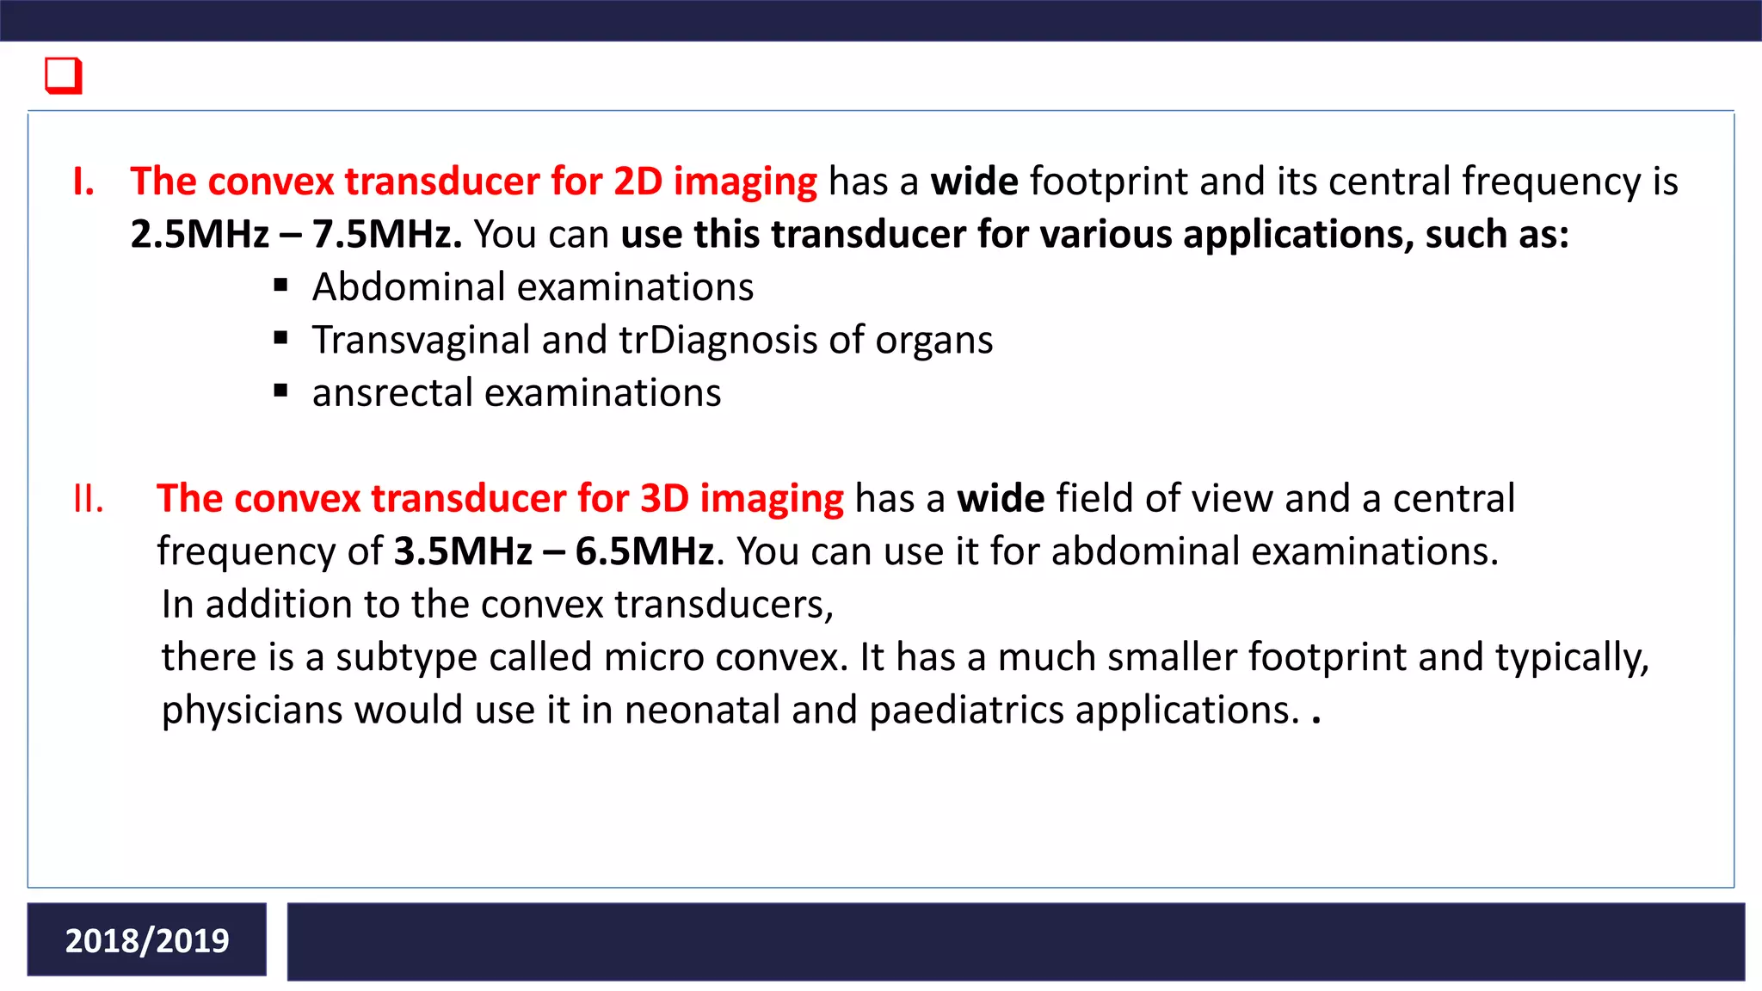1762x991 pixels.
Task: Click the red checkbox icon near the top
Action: tap(64, 76)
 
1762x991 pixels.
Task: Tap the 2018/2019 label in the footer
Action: tap(147, 940)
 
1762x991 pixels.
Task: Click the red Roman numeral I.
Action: tap(83, 182)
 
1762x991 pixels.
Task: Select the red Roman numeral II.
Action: tap(89, 499)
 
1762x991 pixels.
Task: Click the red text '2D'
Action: tap(638, 182)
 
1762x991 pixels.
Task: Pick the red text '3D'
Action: tap(664, 499)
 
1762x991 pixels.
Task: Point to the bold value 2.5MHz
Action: tap(200, 234)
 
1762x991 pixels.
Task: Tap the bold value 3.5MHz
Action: tap(463, 551)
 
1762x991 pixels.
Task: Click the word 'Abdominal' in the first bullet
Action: tap(409, 287)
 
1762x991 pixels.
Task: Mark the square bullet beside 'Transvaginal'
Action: tap(280, 338)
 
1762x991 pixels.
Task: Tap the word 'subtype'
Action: tap(406, 658)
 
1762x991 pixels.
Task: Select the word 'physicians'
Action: tap(252, 711)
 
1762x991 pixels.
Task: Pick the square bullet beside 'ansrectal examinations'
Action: tap(280, 391)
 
